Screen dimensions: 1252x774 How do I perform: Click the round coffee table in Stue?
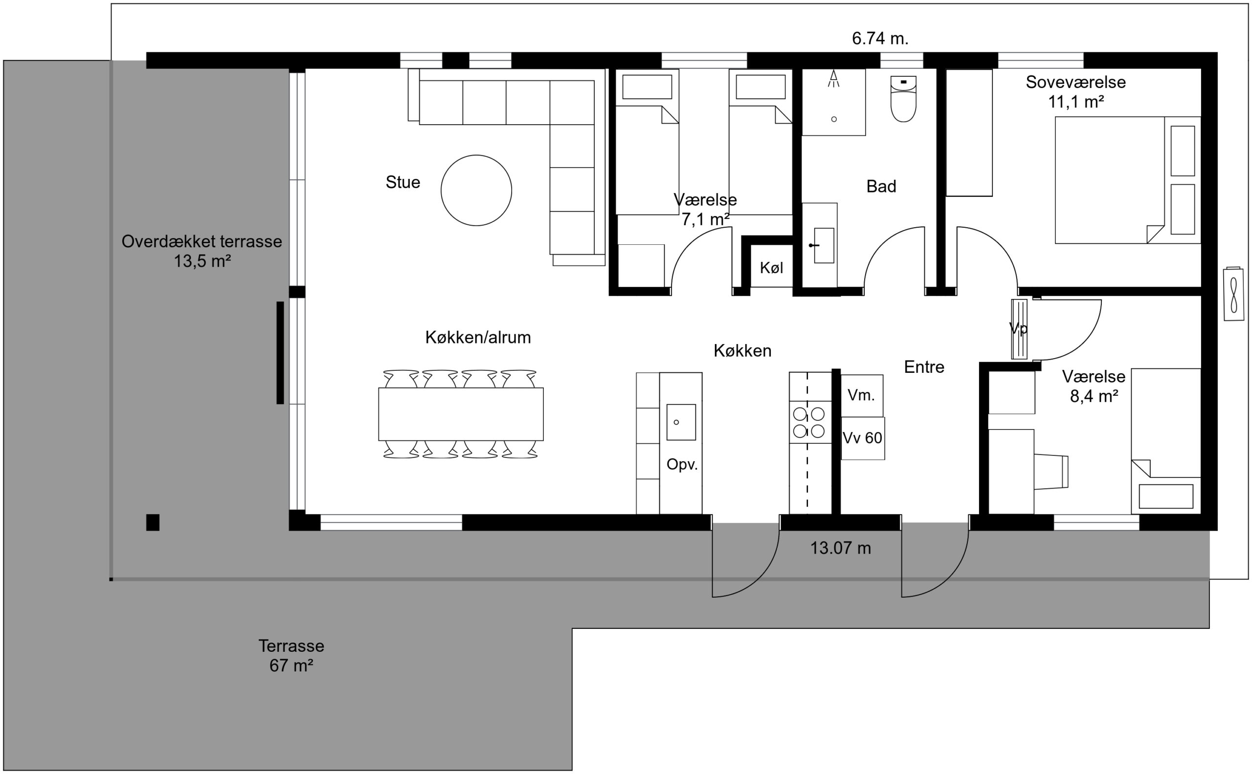476,191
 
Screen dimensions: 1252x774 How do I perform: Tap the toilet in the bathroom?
903,99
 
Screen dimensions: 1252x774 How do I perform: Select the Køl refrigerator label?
771,268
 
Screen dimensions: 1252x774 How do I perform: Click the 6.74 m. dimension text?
880,39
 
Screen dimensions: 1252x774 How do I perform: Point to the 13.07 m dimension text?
840,548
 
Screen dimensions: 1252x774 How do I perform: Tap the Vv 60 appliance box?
863,438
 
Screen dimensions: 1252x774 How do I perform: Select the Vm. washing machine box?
862,395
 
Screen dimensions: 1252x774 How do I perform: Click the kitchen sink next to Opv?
681,422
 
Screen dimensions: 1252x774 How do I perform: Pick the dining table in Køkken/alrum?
461,414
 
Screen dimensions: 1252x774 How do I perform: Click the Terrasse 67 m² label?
291,656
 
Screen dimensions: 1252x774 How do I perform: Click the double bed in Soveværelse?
1127,180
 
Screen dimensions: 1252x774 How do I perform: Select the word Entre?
924,367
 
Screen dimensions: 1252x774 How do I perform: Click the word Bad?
881,186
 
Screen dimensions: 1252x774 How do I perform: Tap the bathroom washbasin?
824,246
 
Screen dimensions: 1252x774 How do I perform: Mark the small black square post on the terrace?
153,523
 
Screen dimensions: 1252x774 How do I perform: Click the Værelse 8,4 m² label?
1094,387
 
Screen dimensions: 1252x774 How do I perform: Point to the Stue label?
402,182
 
